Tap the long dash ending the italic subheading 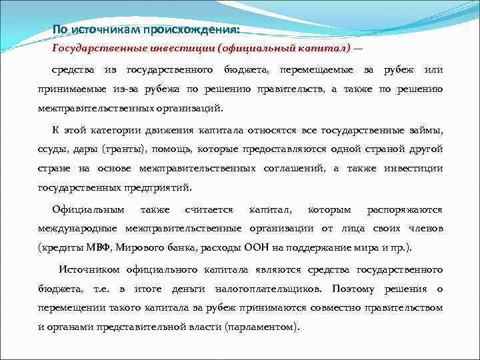[358, 51]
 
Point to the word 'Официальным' [88, 209]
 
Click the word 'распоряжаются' [405, 209]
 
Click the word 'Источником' [89, 269]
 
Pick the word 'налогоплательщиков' [266, 289]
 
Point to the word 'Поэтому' [353, 289]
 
